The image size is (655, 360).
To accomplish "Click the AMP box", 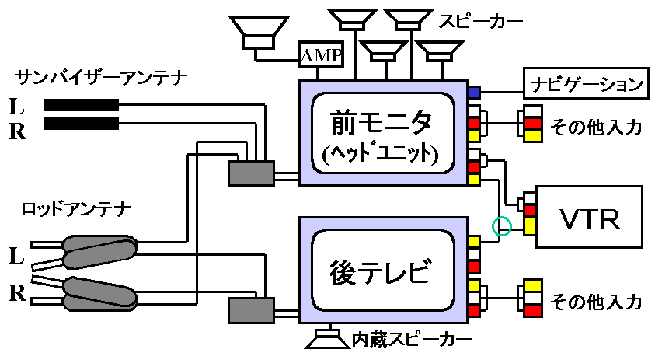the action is click(x=320, y=54).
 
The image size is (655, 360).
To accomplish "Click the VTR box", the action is click(x=589, y=217).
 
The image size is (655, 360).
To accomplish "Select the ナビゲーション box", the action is click(x=587, y=83).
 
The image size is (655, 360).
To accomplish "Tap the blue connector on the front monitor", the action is click(x=474, y=93).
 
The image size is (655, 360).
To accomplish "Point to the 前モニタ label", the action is click(x=382, y=122).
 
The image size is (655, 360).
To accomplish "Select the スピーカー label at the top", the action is click(x=480, y=20).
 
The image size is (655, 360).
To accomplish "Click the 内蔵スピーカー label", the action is click(x=412, y=340).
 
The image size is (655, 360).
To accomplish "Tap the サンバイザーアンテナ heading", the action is click(x=100, y=78).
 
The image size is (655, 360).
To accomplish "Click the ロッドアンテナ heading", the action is click(x=76, y=208).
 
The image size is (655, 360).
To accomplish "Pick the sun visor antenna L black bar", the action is click(x=81, y=105).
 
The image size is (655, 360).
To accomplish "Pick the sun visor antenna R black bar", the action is click(x=81, y=124).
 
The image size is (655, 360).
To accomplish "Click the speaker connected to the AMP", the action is click(x=259, y=33).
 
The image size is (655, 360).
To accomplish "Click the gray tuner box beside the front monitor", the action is click(x=251, y=173).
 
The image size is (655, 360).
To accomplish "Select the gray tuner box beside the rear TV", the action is click(x=251, y=310).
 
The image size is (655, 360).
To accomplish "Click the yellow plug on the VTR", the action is click(x=530, y=225).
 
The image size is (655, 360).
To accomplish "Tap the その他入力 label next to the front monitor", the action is click(x=596, y=126).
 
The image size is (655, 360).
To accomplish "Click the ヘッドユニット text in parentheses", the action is click(x=380, y=154).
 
